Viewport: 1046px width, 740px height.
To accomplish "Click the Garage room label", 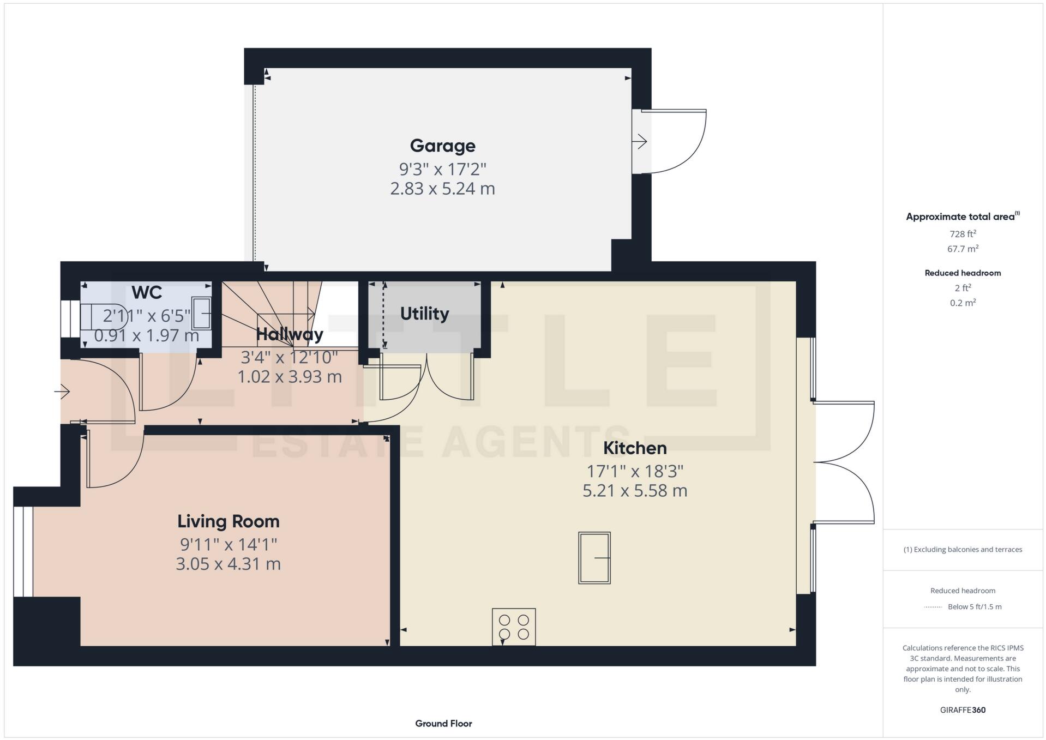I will (442, 146).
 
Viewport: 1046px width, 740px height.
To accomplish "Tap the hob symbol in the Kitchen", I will (514, 627).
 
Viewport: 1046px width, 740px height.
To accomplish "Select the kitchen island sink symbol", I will (594, 558).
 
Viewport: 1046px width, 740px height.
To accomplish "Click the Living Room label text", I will (228, 521).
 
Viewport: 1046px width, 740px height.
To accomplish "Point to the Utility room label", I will (424, 314).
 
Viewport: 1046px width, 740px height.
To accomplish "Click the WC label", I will (147, 293).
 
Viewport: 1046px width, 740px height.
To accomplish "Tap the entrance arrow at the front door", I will (62, 391).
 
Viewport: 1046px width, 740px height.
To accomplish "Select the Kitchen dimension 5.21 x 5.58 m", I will (634, 491).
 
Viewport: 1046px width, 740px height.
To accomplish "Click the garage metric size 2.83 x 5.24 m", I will (442, 189).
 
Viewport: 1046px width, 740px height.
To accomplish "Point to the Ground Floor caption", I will (443, 724).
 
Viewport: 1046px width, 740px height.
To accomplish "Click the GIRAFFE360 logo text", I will (963, 710).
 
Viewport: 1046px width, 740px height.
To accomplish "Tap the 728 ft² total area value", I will (963, 234).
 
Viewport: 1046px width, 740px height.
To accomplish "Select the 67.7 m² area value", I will (963, 249).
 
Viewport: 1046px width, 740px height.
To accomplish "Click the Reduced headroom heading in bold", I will (963, 273).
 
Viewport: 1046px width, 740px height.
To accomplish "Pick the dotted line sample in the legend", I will (933, 607).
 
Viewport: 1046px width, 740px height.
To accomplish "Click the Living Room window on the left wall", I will (23, 551).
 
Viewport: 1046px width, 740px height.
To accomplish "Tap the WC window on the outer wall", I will (70, 318).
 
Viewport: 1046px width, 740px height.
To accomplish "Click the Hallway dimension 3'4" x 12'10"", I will (289, 358).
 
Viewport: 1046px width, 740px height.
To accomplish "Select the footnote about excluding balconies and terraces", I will (963, 550).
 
